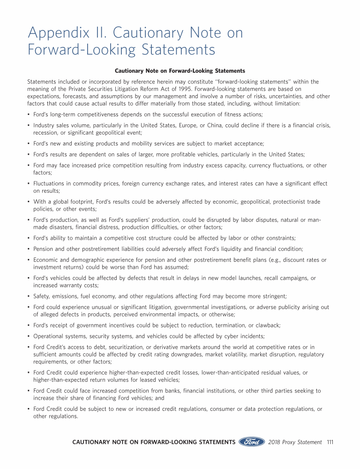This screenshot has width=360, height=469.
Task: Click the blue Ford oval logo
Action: point(252,442)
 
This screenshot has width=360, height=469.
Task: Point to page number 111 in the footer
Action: point(330,442)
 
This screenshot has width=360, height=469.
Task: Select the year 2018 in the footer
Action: point(276,442)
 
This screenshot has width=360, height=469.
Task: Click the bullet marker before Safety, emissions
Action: point(29,296)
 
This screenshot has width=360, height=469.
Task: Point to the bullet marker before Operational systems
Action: point(29,337)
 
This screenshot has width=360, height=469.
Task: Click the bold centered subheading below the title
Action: point(180,71)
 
